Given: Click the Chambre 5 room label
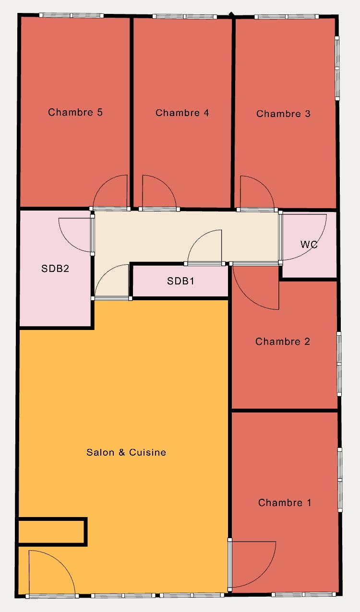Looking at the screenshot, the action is click(x=75, y=112).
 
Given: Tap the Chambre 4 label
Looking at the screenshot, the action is click(x=182, y=113).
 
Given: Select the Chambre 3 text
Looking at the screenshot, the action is click(x=283, y=114).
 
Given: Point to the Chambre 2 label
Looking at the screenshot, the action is click(x=283, y=341).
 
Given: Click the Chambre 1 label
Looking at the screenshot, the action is click(x=285, y=503).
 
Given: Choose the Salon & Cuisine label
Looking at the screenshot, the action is click(x=126, y=452).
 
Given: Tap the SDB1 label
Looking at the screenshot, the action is click(x=180, y=281).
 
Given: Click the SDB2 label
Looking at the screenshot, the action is click(x=55, y=269).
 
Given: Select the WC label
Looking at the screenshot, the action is click(x=309, y=244).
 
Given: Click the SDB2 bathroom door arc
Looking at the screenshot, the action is click(x=67, y=242).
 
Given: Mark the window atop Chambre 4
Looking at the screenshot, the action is click(x=185, y=17).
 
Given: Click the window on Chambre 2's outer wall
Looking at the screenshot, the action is click(x=339, y=364).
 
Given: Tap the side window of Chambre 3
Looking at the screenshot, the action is click(x=337, y=68).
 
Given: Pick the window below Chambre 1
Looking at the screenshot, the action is click(x=304, y=594).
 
